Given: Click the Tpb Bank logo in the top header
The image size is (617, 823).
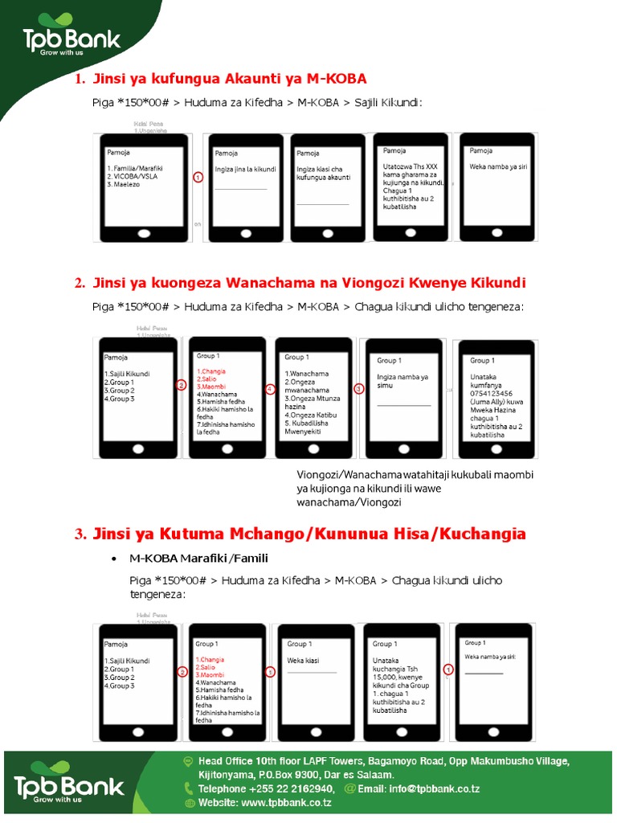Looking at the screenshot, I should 72,40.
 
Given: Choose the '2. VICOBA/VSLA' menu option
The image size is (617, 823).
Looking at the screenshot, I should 133,176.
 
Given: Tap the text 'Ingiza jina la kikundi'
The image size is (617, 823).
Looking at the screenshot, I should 245,170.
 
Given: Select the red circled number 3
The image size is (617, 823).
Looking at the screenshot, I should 359,388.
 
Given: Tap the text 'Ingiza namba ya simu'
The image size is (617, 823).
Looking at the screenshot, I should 402,381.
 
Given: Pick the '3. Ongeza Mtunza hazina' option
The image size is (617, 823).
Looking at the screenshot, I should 313,403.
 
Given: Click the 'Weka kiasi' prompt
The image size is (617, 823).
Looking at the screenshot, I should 303,660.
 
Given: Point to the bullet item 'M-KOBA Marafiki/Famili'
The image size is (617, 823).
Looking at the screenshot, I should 198,559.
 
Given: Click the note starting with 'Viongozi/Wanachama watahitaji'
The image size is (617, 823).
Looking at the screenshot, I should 415,488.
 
